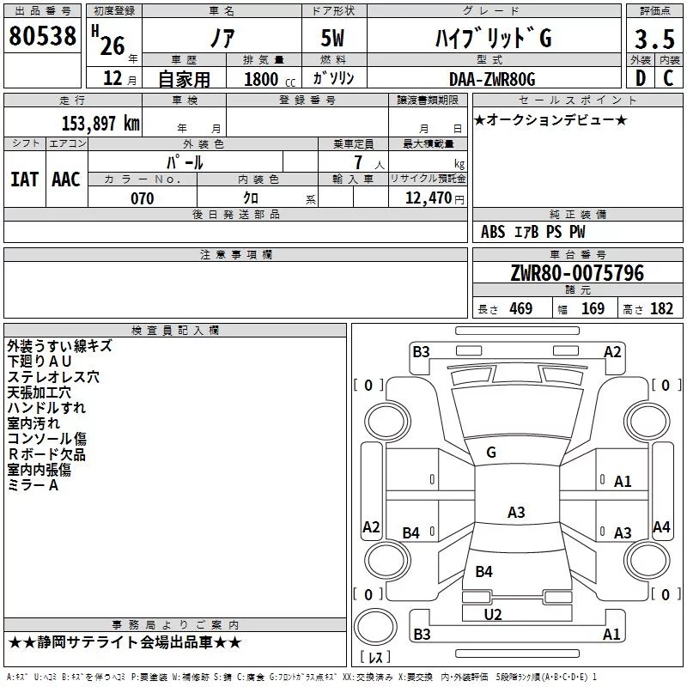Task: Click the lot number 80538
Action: (42, 36)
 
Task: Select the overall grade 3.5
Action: (654, 39)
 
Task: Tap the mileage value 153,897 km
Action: (100, 123)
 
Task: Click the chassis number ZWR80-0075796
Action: (577, 272)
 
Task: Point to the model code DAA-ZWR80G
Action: (492, 79)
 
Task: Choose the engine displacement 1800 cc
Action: (270, 79)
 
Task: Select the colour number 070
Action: (143, 198)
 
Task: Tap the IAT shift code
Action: (25, 179)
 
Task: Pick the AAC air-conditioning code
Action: (66, 179)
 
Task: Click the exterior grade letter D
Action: (641, 78)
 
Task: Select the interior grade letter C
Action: (668, 78)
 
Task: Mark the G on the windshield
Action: (491, 453)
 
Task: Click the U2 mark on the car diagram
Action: (492, 615)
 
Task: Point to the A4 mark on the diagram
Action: (661, 526)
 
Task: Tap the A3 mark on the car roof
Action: (516, 512)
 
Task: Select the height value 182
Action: (661, 308)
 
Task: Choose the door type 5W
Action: (332, 38)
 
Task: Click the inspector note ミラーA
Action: (33, 485)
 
